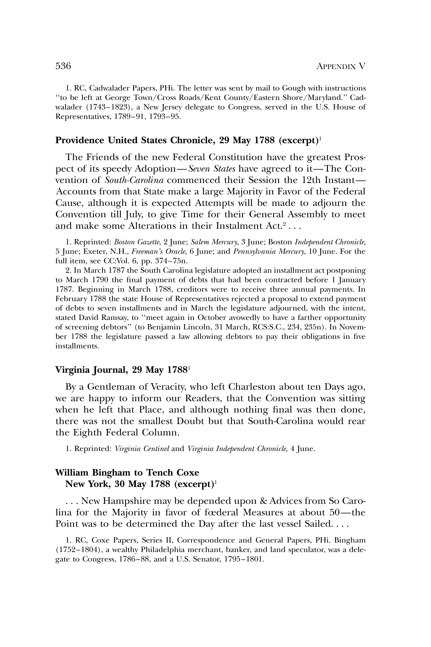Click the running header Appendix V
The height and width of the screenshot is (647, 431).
tap(341, 66)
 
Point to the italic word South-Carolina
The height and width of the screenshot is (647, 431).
tap(134, 180)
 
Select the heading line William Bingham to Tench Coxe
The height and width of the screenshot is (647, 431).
tap(127, 473)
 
